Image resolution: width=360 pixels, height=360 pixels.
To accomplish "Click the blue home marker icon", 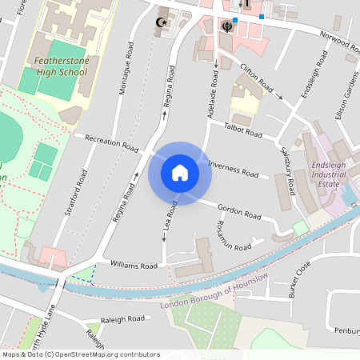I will [x=180, y=173].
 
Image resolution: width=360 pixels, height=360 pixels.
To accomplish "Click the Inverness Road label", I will [x=234, y=169].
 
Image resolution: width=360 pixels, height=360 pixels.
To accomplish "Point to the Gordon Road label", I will [x=240, y=210].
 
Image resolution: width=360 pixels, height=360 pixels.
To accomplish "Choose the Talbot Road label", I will [x=243, y=128].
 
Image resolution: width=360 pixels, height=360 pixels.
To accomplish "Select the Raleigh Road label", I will [x=124, y=318].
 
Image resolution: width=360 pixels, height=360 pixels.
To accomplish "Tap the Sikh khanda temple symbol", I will [x=228, y=26].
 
